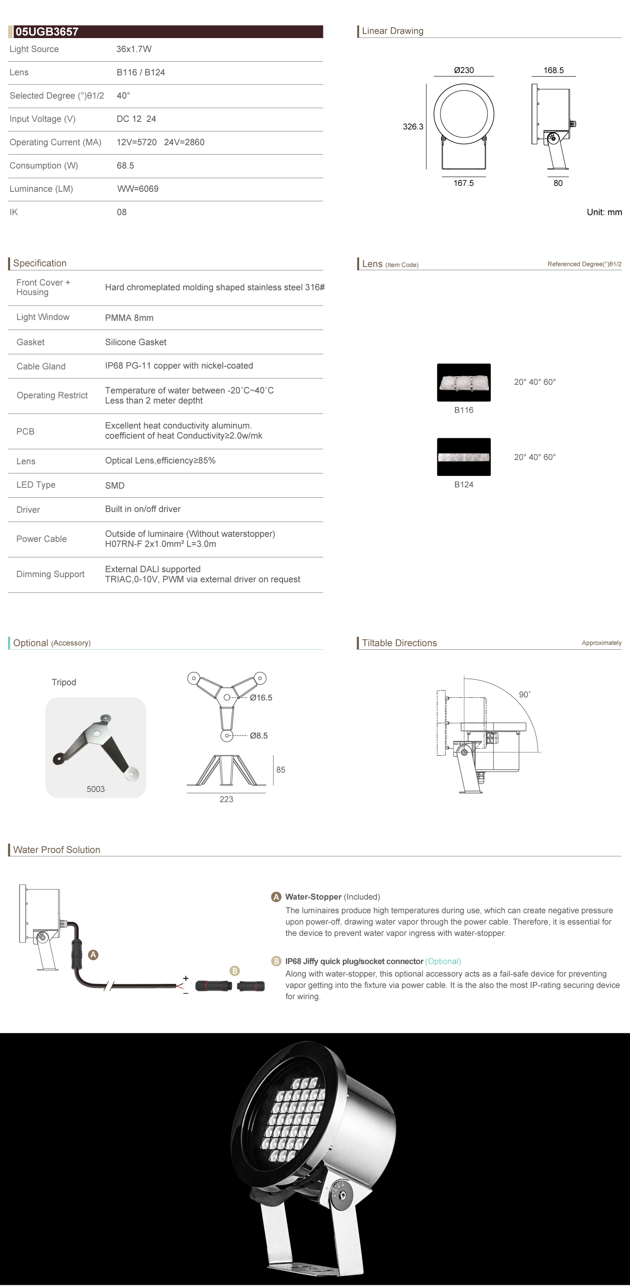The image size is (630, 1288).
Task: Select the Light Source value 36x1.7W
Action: pos(134,49)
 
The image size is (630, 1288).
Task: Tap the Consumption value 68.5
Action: pos(125,165)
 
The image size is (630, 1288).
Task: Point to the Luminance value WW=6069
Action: pos(137,189)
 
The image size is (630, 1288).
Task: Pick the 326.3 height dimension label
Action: pos(413,127)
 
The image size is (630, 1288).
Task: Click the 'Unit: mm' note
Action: pos(604,213)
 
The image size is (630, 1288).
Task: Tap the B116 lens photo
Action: pos(464,383)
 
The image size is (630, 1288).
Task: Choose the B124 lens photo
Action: pos(464,457)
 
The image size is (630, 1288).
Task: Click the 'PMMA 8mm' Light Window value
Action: pos(129,318)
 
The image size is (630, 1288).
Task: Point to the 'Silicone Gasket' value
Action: pos(136,342)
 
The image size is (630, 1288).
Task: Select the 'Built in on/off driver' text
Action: pos(142,509)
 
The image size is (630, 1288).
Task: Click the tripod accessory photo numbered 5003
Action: pos(96,747)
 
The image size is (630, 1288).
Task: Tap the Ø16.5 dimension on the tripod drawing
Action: pos(261,698)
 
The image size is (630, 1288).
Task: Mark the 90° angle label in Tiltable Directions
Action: pos(524,695)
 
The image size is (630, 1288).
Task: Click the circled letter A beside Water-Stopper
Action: pos(276,897)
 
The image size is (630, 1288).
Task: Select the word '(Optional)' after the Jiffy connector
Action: pos(443,962)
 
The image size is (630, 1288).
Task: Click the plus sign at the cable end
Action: pos(186,978)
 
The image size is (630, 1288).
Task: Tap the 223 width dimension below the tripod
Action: pos(226,799)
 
